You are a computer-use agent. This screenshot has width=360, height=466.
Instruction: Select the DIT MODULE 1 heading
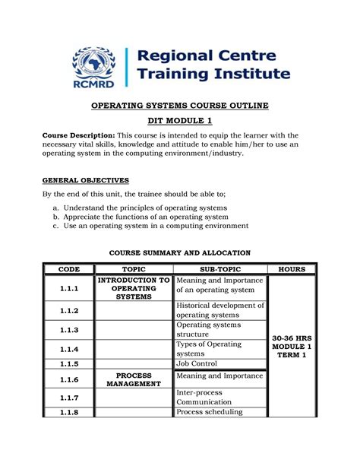tap(179, 122)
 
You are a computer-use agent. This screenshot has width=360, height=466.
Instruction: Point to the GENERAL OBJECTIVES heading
tap(85, 180)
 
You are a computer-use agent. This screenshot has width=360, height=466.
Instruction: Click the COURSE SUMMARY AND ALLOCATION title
tap(179, 252)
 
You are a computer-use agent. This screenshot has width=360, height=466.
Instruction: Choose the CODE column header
tap(68, 269)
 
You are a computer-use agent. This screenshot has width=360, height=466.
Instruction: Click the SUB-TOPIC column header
tap(219, 269)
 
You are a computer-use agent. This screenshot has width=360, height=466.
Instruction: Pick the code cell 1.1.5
tap(68, 363)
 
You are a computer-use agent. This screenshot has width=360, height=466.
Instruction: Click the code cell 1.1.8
tap(68, 412)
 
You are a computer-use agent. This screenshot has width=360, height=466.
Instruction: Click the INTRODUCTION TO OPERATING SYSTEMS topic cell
tap(133, 288)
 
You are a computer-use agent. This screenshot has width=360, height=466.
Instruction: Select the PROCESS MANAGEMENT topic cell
tap(133, 379)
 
